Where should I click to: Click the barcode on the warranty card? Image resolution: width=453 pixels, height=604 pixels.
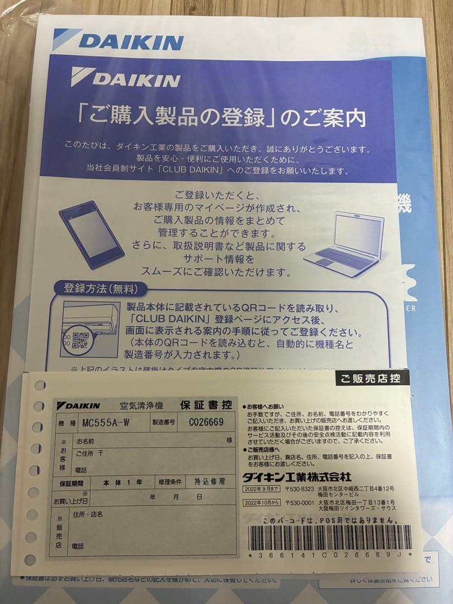pyautogui.click(x=331, y=537)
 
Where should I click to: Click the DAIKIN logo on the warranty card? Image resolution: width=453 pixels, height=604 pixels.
pyautogui.click(x=78, y=405)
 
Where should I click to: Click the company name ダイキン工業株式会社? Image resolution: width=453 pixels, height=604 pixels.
pyautogui.click(x=297, y=477)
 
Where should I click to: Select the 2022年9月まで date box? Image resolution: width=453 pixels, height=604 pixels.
pyautogui.click(x=262, y=489)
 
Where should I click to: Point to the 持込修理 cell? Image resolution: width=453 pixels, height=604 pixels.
pyautogui.click(x=210, y=481)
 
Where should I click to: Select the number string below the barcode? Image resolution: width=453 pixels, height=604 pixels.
pyautogui.click(x=330, y=555)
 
